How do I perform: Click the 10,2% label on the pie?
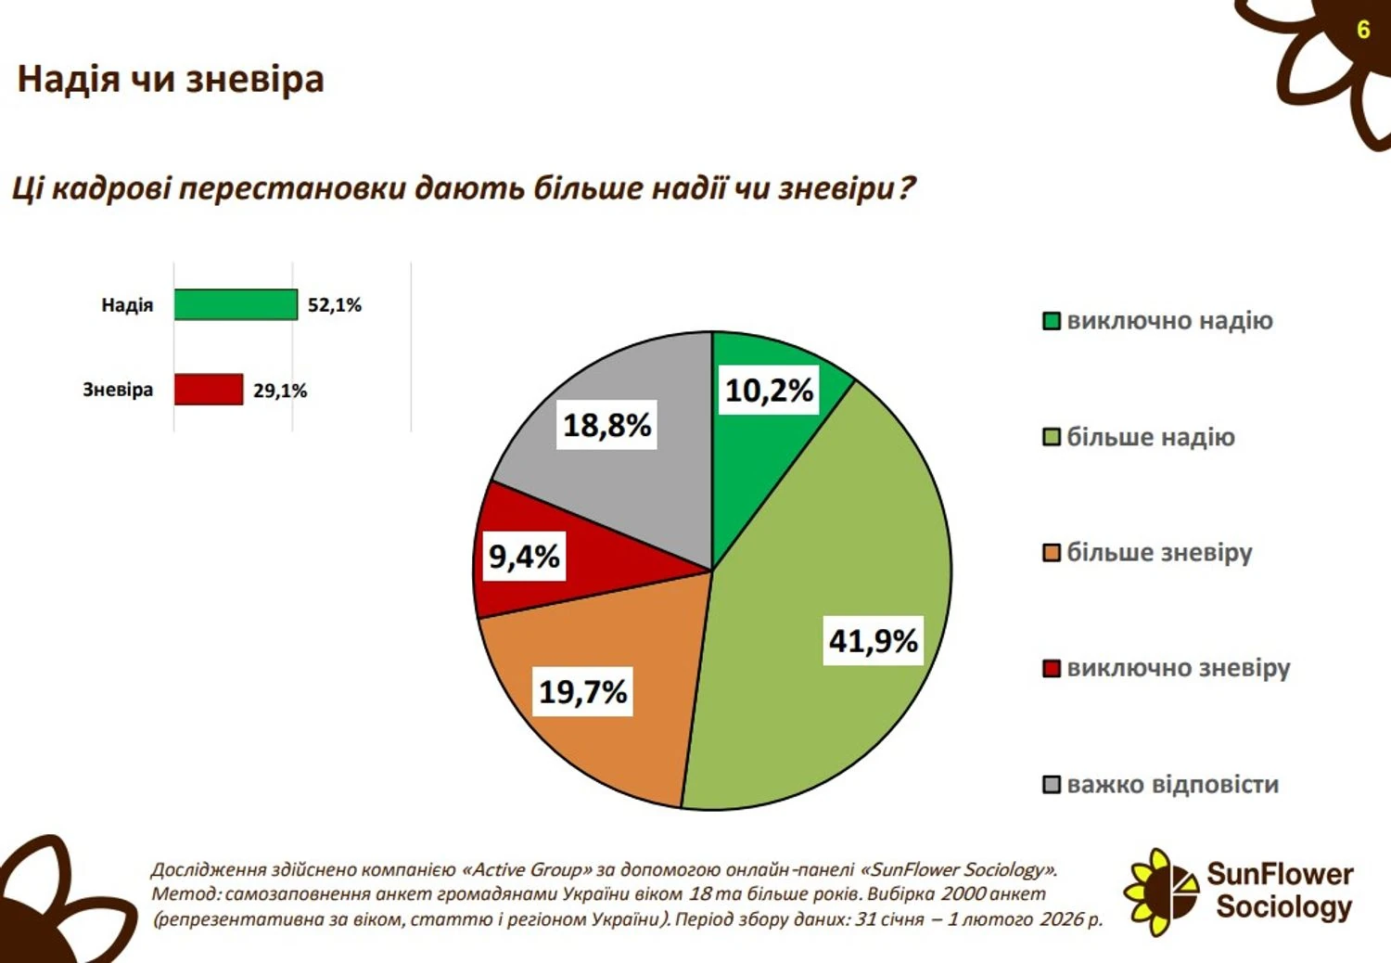(x=769, y=391)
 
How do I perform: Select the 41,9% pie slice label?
(x=873, y=640)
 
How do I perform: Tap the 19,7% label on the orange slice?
(x=583, y=691)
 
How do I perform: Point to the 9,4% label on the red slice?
(x=524, y=557)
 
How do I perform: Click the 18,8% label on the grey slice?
(x=607, y=425)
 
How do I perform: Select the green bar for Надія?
(x=236, y=304)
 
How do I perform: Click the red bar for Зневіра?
(x=209, y=390)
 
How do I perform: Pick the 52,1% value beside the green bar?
(x=335, y=305)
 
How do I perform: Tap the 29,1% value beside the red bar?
(x=280, y=391)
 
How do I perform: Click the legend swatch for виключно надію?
(x=1052, y=321)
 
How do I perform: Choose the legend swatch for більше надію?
(x=1052, y=437)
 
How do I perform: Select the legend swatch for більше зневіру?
(x=1052, y=553)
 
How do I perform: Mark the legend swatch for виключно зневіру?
(x=1052, y=668)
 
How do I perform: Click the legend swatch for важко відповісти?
(x=1052, y=785)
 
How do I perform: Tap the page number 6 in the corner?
(x=1362, y=30)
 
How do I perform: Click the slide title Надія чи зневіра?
(x=171, y=79)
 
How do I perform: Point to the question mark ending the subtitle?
(x=906, y=187)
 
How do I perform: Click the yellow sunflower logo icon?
(x=1159, y=892)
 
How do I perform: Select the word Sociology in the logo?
(x=1283, y=906)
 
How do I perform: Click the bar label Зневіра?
(x=118, y=390)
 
